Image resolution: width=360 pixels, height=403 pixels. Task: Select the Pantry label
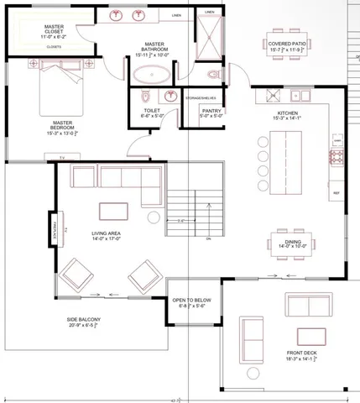click(x=211, y=113)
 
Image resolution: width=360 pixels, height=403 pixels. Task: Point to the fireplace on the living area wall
click(x=53, y=227)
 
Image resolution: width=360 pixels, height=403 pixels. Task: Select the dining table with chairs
click(x=290, y=238)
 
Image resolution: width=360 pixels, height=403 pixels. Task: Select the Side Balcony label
click(x=83, y=322)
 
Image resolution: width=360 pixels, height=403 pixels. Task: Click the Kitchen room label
click(x=288, y=115)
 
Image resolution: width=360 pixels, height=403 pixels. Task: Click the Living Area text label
click(x=107, y=234)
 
